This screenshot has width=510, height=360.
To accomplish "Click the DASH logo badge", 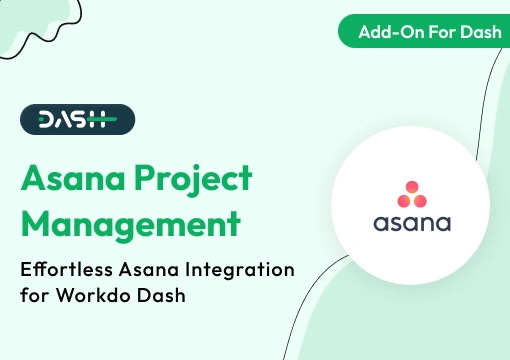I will [77, 120].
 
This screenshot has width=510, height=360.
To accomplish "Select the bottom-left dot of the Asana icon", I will [402, 198].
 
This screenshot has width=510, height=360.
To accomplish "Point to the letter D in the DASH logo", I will [46, 120].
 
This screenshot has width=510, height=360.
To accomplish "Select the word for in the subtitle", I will [35, 297].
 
